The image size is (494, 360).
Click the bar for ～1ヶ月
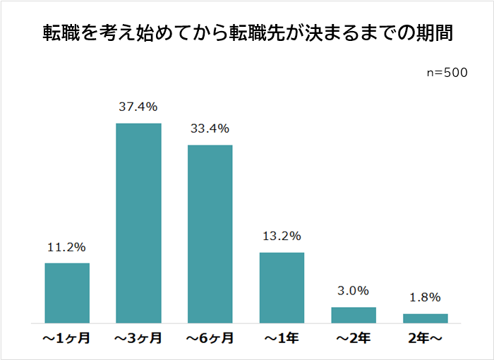(x=67, y=293)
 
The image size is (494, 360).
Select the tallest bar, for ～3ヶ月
(x=138, y=223)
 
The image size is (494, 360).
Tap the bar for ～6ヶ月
(x=210, y=234)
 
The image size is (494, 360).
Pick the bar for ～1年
(x=282, y=287)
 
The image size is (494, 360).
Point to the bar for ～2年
(x=354, y=315)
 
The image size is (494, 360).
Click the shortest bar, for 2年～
(x=425, y=318)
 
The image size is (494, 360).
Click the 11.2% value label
(x=66, y=247)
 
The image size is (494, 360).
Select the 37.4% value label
(x=138, y=107)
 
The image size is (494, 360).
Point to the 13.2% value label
(x=282, y=236)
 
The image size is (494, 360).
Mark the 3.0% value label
(x=354, y=291)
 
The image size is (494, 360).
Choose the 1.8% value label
(x=425, y=297)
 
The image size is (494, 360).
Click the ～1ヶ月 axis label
(x=67, y=339)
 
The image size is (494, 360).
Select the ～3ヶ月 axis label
(x=138, y=339)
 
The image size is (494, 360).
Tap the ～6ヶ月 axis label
(x=210, y=339)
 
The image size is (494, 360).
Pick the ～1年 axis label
(x=282, y=339)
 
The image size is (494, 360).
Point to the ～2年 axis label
(x=354, y=339)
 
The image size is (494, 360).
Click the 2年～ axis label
(x=425, y=339)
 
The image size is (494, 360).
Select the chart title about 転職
(x=246, y=33)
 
